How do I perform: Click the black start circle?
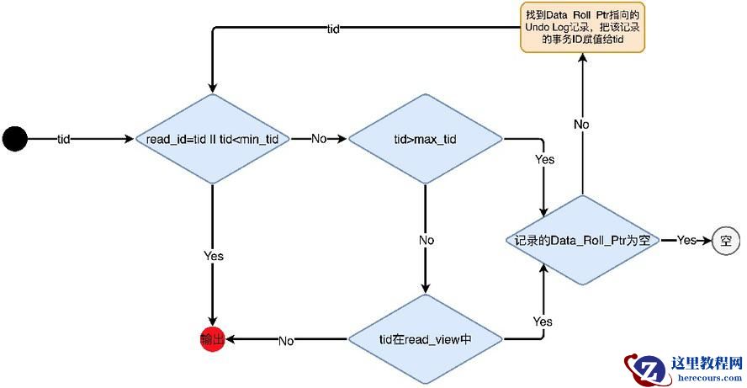coord(15,138)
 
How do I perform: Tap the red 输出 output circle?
coord(212,340)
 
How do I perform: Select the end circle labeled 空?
coord(724,241)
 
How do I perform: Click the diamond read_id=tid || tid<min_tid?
coord(212,138)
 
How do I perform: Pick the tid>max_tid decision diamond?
coord(425,138)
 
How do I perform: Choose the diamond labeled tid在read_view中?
coord(425,340)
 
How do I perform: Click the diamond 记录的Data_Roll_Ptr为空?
coord(582,241)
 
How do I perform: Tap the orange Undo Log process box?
coord(582,27)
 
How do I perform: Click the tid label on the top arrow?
coord(333,29)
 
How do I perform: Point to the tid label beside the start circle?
coord(64,138)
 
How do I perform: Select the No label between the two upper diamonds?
coord(319,138)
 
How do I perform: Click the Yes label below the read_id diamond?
coord(213,256)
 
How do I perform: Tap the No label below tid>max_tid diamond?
coord(426,240)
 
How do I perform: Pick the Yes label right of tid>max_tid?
coord(544,159)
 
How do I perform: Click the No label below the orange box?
coord(581,124)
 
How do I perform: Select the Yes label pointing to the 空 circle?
coord(686,241)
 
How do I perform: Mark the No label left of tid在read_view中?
coord(286,341)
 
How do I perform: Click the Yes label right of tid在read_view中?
coord(543,322)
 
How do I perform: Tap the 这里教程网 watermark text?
coord(707,364)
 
